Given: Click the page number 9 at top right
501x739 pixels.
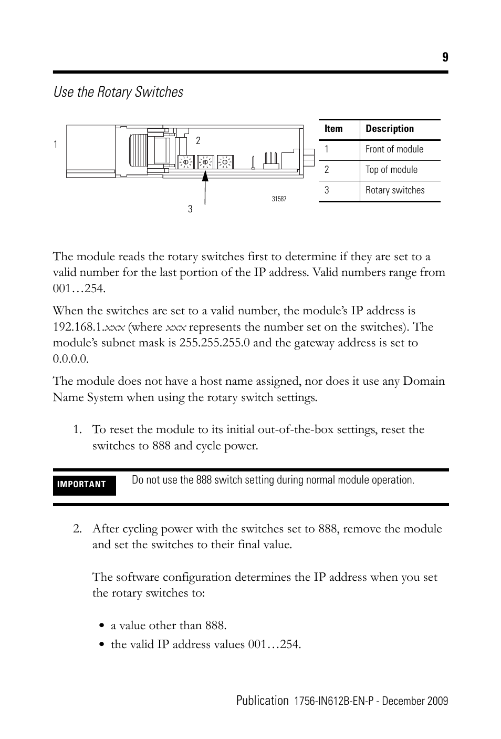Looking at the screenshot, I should tap(445, 57).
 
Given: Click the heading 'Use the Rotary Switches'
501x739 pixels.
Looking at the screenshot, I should tap(118, 92).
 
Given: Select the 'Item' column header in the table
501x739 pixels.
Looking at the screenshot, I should tap(333, 129).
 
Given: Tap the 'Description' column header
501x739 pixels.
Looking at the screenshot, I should tap(390, 129).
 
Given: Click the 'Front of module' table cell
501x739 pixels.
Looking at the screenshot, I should tap(394, 149).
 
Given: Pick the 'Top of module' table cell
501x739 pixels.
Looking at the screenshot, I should tap(391, 170).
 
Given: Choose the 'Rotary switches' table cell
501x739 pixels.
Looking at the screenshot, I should tap(395, 190).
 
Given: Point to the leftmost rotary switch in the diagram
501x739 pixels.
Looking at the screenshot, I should tap(185, 162).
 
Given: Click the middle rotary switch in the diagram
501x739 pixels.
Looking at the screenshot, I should tap(205, 162).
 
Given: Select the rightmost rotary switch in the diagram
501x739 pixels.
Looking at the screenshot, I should tap(225, 162).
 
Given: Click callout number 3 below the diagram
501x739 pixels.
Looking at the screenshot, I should tap(190, 209).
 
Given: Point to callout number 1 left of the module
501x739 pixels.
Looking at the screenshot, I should tap(55, 144).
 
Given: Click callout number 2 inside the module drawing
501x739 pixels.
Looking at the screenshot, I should tap(198, 140).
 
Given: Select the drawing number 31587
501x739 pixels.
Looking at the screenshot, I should tap(279, 199).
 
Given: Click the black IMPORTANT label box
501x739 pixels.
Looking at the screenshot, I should tap(84, 485).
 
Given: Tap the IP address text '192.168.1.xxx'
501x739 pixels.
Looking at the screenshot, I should tap(89, 327).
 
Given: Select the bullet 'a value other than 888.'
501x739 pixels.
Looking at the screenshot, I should tap(168, 625).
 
